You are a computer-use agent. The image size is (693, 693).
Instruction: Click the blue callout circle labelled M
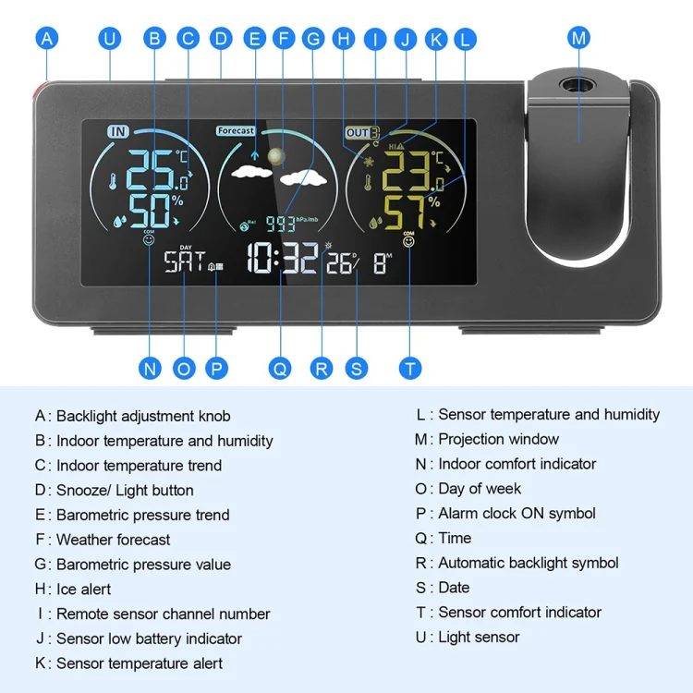[x=578, y=38]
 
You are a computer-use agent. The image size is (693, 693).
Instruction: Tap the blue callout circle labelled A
[x=47, y=39]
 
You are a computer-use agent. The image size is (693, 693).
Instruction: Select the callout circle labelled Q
[x=280, y=368]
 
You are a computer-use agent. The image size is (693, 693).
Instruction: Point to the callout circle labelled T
[x=409, y=368]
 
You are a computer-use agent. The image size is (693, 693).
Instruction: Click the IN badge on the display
[x=118, y=131]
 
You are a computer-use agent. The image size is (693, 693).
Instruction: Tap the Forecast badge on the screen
[x=236, y=130]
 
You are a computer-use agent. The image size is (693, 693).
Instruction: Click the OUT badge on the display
[x=362, y=132]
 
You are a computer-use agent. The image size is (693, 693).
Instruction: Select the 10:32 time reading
[x=283, y=257]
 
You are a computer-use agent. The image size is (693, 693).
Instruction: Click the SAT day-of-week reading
[x=185, y=261]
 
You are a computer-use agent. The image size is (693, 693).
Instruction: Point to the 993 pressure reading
[x=280, y=224]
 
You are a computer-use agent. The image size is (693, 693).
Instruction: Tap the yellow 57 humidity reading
[x=405, y=213]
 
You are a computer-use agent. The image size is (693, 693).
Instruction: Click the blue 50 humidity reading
[x=150, y=212]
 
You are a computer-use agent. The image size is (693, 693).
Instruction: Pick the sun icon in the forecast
[x=275, y=156]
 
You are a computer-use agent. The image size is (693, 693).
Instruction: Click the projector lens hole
[x=577, y=84]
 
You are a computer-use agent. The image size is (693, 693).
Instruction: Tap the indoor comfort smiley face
[x=149, y=239]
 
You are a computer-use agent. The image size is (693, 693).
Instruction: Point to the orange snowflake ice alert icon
[x=368, y=162]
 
